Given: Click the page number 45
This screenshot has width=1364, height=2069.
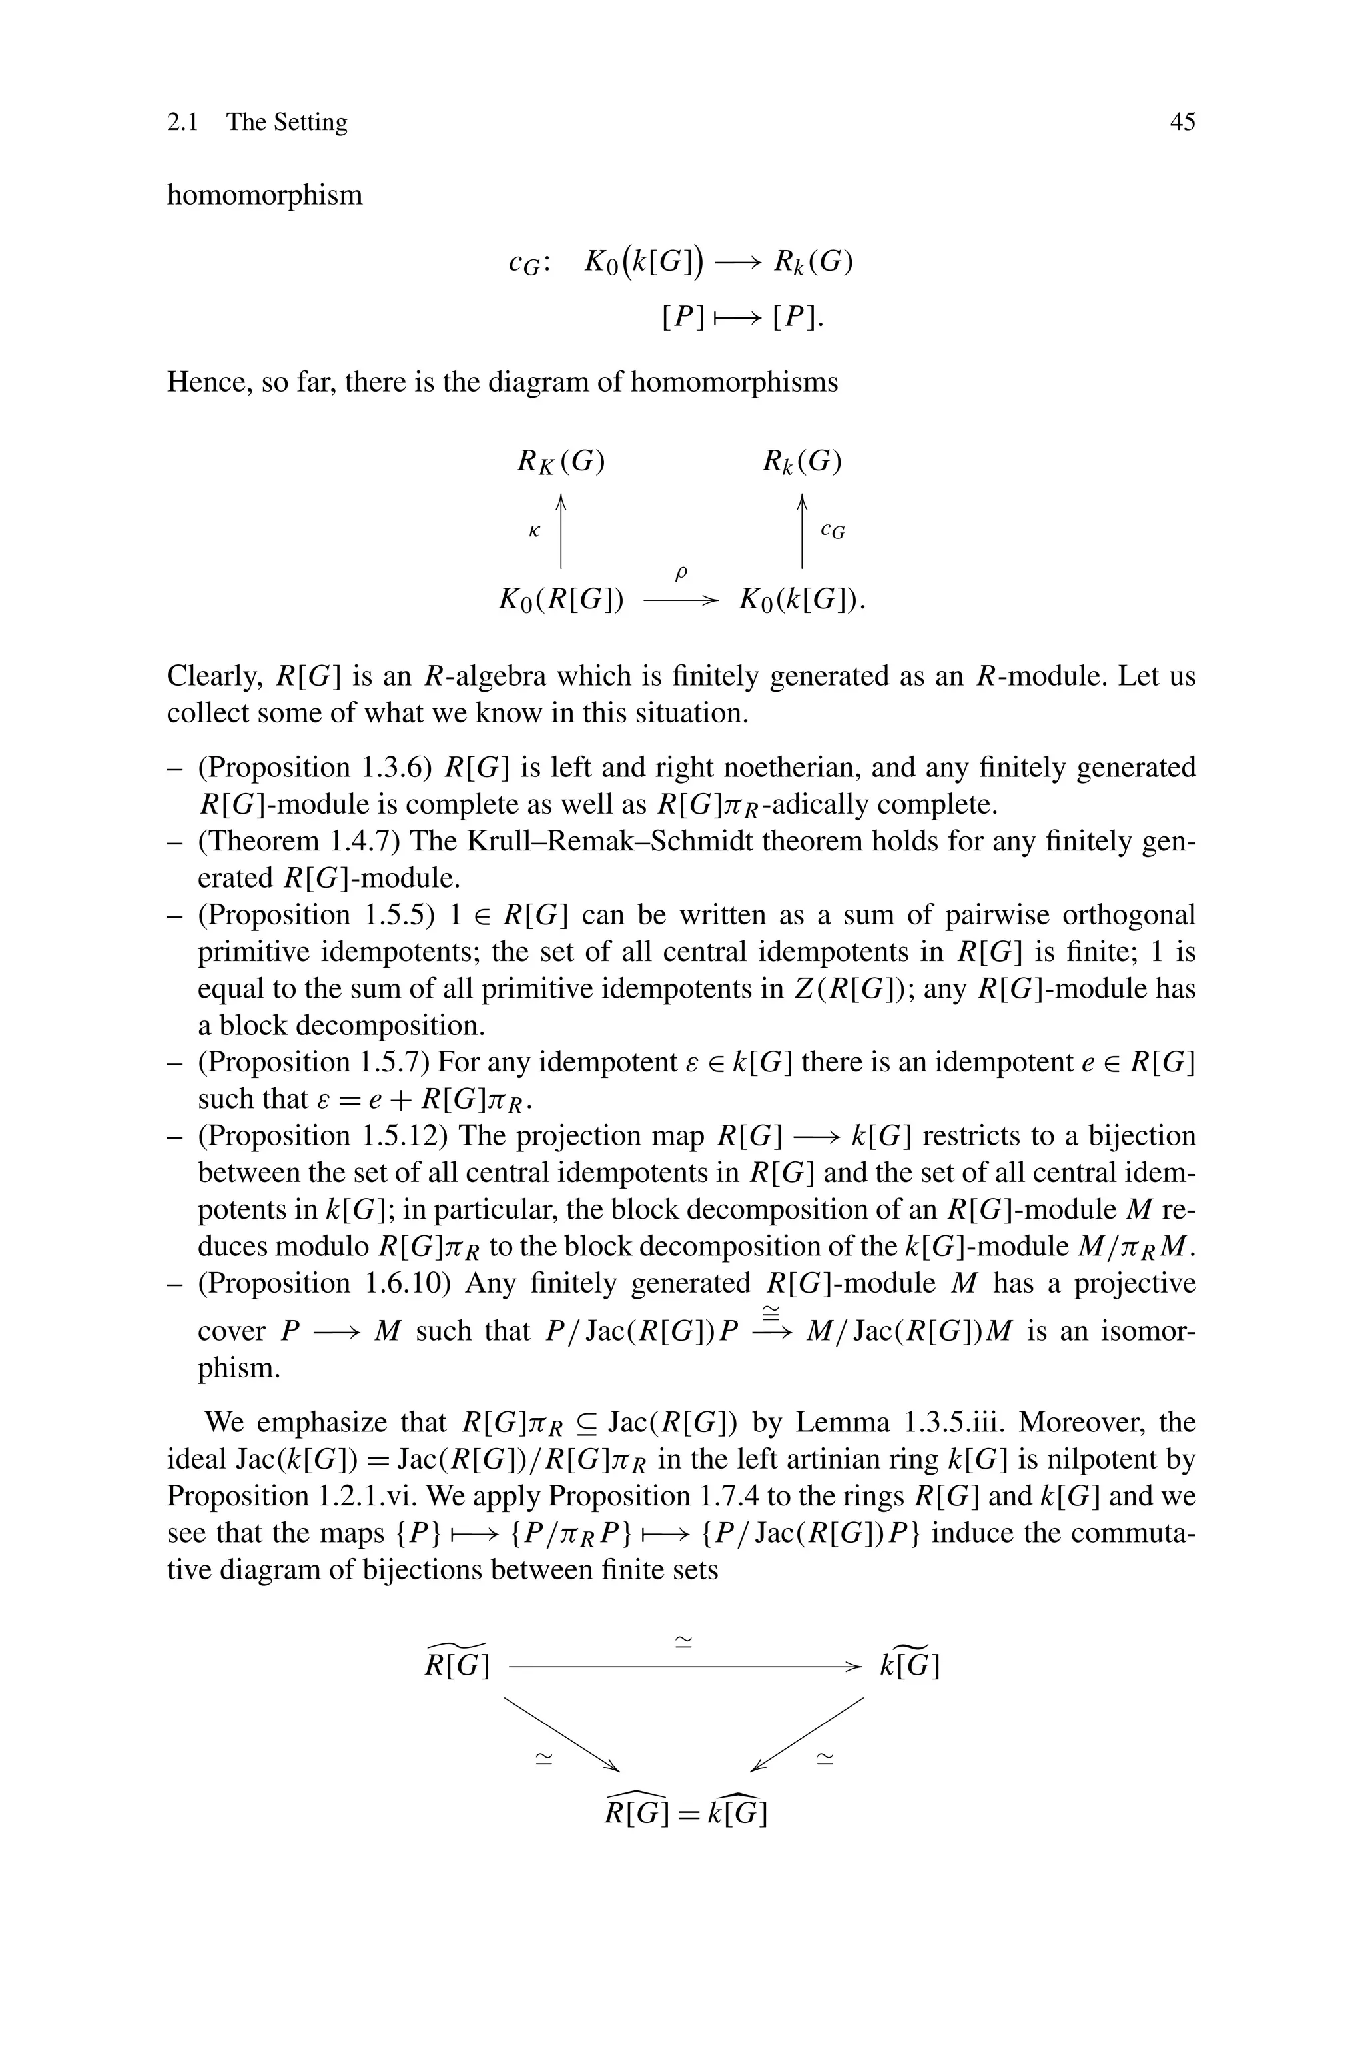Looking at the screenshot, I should [1182, 122].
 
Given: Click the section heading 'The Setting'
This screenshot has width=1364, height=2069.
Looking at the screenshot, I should [286, 122].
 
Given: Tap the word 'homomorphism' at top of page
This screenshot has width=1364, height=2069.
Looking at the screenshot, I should [264, 195].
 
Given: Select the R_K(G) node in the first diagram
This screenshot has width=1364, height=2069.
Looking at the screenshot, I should [561, 461].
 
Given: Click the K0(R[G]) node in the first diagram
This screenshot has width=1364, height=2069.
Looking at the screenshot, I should [561, 600].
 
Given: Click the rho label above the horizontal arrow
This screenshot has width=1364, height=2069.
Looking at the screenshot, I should [681, 572].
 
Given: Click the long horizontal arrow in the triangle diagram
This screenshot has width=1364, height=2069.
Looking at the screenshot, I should [685, 1667].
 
